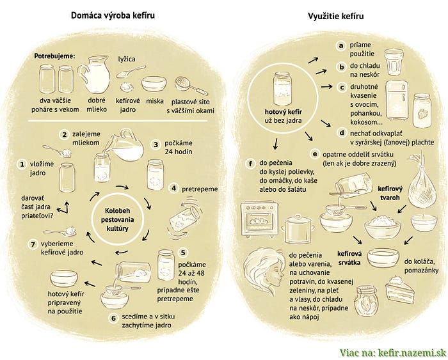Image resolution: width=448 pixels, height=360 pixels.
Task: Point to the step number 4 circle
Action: [x=173, y=189]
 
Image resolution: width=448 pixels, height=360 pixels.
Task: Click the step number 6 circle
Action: [x=114, y=318]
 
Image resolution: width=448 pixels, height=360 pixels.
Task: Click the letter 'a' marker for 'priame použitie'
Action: [x=341, y=45]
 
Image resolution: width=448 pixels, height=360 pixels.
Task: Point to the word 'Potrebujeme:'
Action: [x=54, y=57]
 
